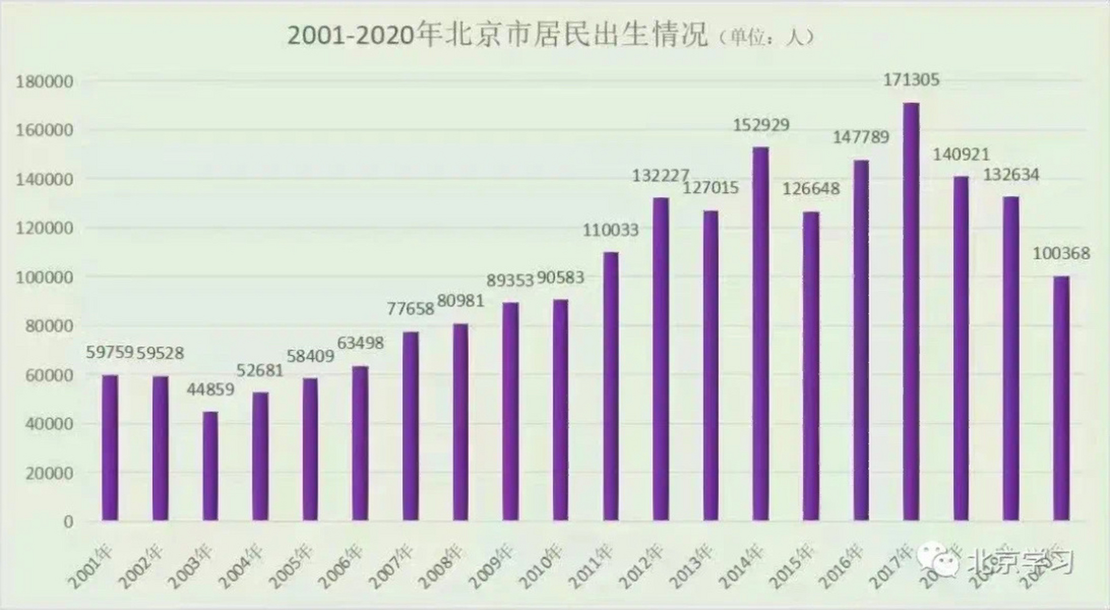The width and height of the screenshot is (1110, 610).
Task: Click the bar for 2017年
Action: pos(911,312)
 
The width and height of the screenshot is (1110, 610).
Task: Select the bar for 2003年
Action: pos(210,466)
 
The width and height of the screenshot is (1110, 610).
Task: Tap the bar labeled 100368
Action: pos(1061,398)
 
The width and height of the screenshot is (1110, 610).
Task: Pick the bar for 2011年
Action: pos(611,386)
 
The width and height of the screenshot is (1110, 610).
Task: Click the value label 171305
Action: pos(911,80)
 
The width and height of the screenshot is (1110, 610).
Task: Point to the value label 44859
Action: pos(210,389)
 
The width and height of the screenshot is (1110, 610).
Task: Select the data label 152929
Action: pos(761,125)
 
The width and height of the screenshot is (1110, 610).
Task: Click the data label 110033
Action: pos(611,230)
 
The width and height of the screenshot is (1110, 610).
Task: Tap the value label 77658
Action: pos(410,309)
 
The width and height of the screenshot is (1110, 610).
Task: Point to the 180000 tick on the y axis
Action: pos(45,82)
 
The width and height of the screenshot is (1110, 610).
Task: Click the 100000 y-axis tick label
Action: pos(45,277)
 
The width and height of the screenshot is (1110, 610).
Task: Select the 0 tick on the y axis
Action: pos(69,522)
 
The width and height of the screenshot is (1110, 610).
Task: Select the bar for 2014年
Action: pos(761,334)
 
